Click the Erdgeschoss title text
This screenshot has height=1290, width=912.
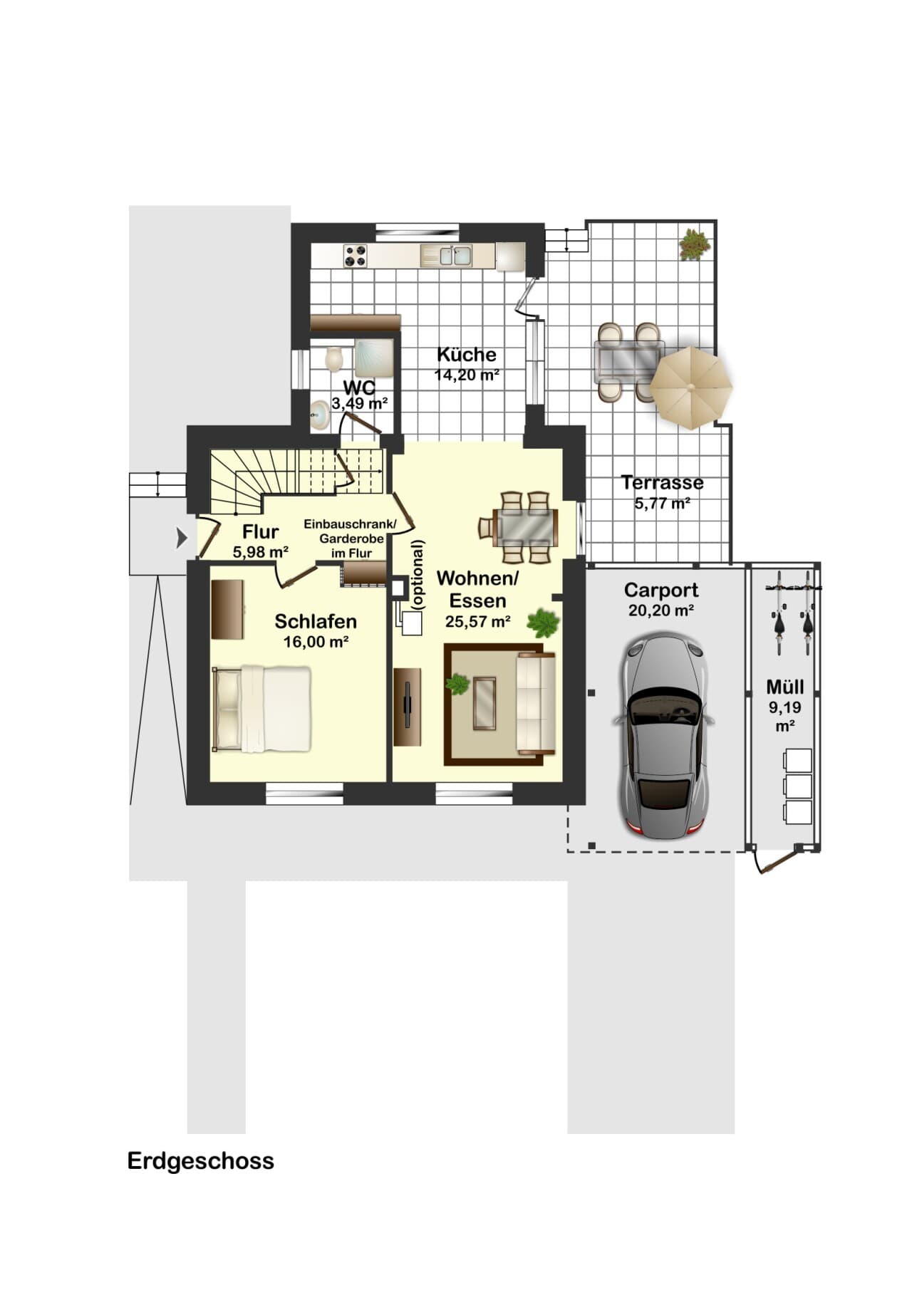click(200, 1162)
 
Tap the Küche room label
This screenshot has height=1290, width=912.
click(467, 354)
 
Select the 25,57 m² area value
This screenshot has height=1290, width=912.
click(477, 621)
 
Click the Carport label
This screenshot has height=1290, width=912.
click(661, 590)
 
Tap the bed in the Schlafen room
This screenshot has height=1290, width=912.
click(262, 709)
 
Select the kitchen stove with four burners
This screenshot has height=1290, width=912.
click(356, 256)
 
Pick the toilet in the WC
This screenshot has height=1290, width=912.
click(333, 359)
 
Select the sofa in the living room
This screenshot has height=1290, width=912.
click(536, 704)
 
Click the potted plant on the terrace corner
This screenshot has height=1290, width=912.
click(694, 244)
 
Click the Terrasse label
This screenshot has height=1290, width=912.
click(663, 482)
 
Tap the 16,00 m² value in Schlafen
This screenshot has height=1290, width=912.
click(316, 642)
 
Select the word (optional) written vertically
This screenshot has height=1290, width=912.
click(418, 574)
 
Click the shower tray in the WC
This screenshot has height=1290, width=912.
click(374, 358)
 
